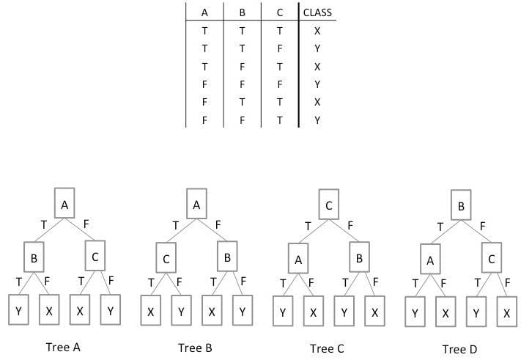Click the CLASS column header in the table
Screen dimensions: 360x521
point(317,12)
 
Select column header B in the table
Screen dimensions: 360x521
point(243,12)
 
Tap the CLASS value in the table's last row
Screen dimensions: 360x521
point(317,120)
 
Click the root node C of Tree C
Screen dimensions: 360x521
point(329,205)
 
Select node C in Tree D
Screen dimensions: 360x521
point(492,260)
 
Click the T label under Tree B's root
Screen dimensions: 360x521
point(174,226)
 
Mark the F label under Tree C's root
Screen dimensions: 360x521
point(350,226)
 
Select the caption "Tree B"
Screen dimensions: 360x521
point(196,347)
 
